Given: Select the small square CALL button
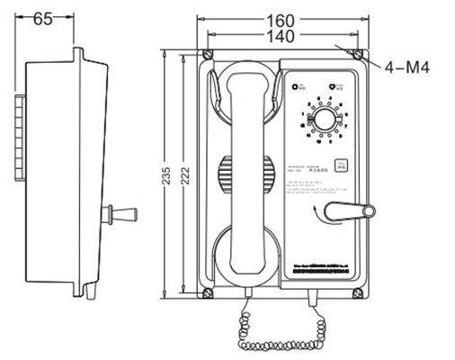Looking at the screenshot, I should tap(342, 166).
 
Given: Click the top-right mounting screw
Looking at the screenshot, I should tap(358, 57).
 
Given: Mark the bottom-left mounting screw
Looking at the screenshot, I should tap(209, 291).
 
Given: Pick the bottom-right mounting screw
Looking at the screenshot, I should tap(358, 291).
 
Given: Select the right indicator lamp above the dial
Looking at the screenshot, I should tap(330, 87).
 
